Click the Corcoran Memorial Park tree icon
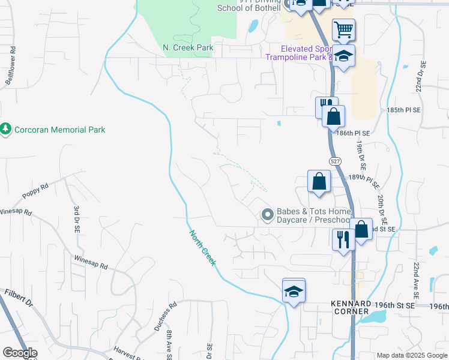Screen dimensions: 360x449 (x=6, y=130)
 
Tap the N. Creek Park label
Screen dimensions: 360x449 (x=188, y=47)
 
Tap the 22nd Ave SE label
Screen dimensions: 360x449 (x=415, y=280)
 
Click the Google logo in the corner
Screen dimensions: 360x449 (x=20, y=353)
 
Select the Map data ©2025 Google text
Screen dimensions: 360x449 (x=412, y=355)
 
